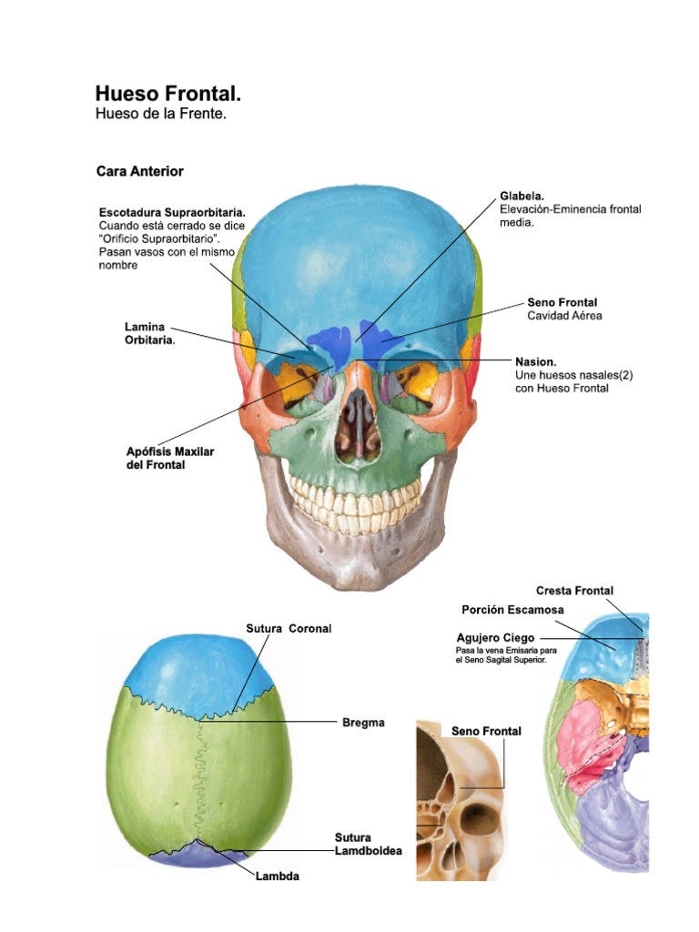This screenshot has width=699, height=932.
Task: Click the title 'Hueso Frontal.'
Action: pyautogui.click(x=168, y=94)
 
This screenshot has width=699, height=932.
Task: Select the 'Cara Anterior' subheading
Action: pyautogui.click(x=140, y=170)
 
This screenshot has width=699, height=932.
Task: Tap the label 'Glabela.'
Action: pyautogui.click(x=522, y=196)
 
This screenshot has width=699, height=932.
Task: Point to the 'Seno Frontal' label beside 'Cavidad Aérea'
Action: pyautogui.click(x=562, y=302)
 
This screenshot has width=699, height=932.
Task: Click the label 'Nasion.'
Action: pyautogui.click(x=535, y=361)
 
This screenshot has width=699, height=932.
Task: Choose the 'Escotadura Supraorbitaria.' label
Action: pyautogui.click(x=172, y=212)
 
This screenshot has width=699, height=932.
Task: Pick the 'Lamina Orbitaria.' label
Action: pyautogui.click(x=149, y=333)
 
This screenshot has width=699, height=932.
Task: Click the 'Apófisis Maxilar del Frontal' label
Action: pyautogui.click(x=170, y=458)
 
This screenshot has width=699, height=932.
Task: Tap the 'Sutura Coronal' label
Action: pyautogui.click(x=289, y=628)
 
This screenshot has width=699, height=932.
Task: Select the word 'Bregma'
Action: pyautogui.click(x=363, y=723)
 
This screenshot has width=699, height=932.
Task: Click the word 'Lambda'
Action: pyautogui.click(x=277, y=876)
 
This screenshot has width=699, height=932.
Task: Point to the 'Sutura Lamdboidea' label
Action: pyautogui.click(x=368, y=844)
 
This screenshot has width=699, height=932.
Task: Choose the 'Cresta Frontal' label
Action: pyautogui.click(x=574, y=591)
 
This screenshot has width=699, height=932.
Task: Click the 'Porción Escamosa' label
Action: pyautogui.click(x=512, y=610)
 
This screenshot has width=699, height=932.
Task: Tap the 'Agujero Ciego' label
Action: pyautogui.click(x=495, y=638)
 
